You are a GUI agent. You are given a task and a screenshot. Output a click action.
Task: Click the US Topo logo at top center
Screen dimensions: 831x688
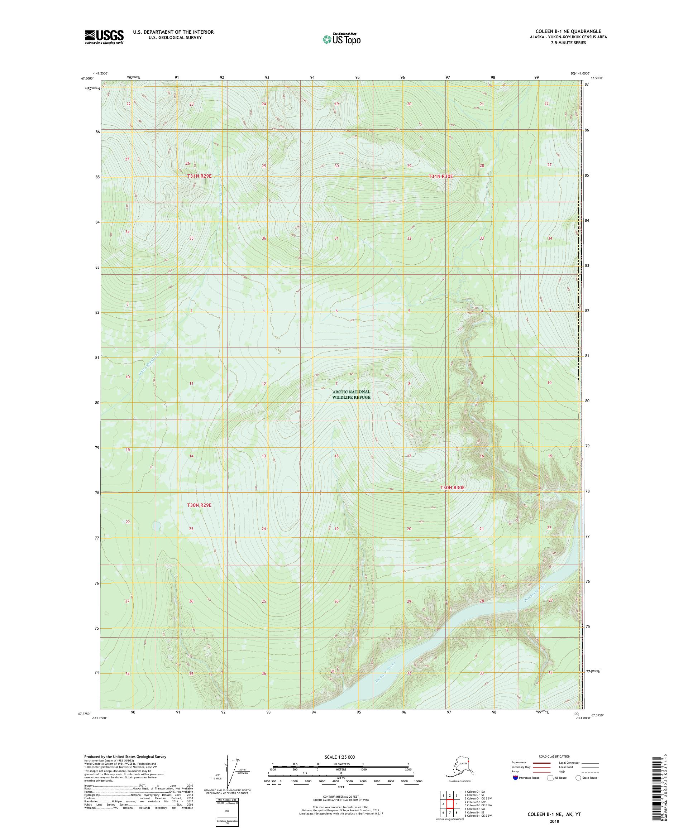click(341, 39)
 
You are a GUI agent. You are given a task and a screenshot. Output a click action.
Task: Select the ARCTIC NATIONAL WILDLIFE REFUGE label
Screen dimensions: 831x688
click(351, 394)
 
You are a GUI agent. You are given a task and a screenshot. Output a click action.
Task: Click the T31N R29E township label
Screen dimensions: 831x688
click(199, 175)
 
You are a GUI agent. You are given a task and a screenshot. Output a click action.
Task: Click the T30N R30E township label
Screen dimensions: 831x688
click(452, 487)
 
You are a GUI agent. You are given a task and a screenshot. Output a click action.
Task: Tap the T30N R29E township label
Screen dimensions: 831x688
click(199, 505)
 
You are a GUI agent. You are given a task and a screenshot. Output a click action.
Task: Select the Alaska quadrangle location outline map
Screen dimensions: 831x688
click(462, 767)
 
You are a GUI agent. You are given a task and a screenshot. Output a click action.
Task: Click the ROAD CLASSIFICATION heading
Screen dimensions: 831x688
click(554, 756)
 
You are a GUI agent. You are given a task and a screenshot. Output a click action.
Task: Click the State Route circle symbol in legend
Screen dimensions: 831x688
click(578, 778)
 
